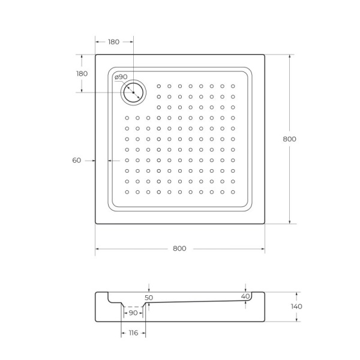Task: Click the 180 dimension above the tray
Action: (113, 42)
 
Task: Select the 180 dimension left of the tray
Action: (82, 73)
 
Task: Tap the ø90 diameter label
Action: (121, 77)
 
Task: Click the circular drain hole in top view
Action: (133, 92)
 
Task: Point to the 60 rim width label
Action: (76, 160)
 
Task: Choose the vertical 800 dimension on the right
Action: (289, 139)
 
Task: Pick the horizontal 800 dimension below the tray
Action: (179, 248)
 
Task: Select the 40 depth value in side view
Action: (245, 296)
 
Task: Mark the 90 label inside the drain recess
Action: (133, 313)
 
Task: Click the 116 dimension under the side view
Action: (133, 332)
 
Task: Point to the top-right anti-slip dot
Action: (233, 86)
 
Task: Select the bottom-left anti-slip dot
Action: (127, 192)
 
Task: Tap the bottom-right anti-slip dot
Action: (233, 192)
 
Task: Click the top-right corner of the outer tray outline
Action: (265, 55)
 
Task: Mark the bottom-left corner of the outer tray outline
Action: (95, 224)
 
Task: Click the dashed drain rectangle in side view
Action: (133, 310)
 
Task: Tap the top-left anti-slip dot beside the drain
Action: (159, 86)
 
